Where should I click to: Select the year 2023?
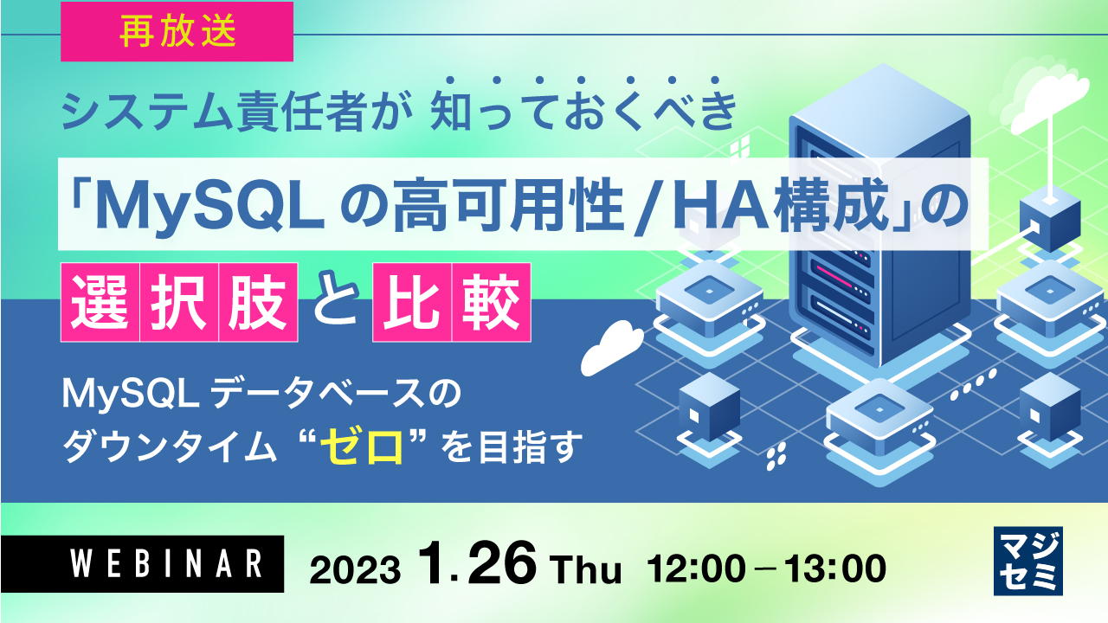tap(355, 569)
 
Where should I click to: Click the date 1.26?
tap(475, 565)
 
